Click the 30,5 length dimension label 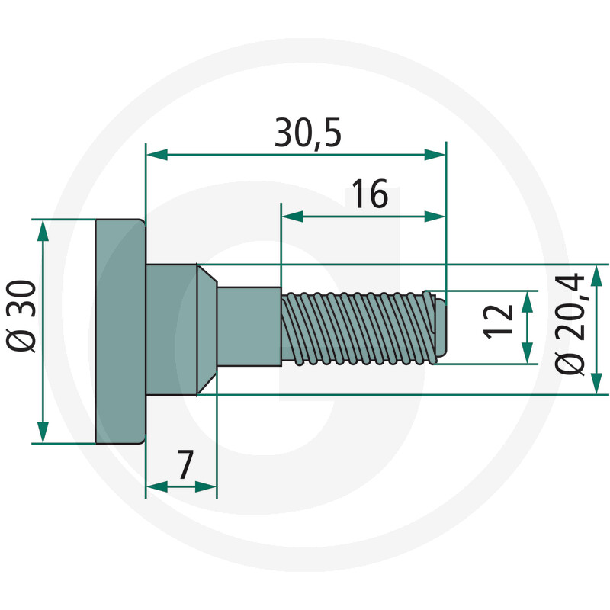tap(308, 133)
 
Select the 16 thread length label tap(370, 194)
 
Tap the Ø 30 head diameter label tap(21, 316)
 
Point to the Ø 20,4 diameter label tap(570, 324)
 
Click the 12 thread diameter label tap(499, 322)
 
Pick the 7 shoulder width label tap(185, 464)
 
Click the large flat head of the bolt tap(120, 331)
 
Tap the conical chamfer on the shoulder tap(207, 329)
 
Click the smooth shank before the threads tap(249, 326)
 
